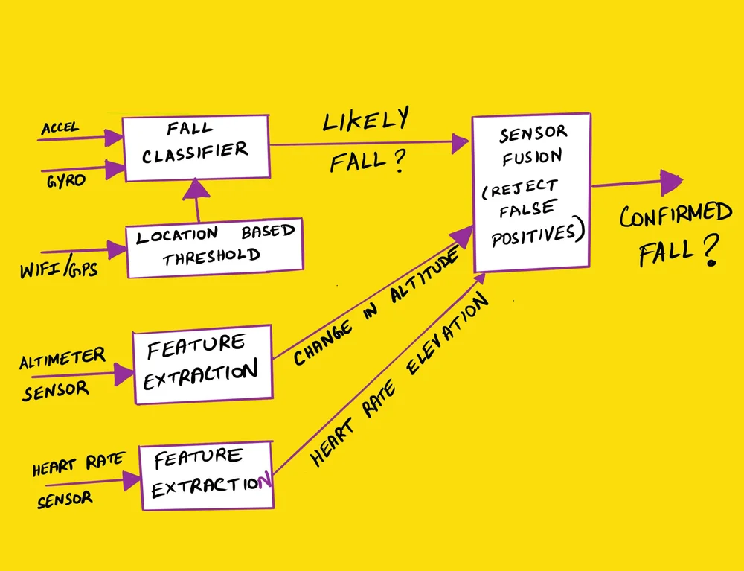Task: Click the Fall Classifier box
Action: pos(195,147)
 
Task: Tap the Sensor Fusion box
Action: pos(531,194)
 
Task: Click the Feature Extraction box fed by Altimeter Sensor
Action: pos(202,363)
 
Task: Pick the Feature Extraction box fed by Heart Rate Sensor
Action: pos(206,475)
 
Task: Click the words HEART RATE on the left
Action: pos(77,464)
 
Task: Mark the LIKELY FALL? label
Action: pos(365,141)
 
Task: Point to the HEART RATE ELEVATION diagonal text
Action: pos(402,380)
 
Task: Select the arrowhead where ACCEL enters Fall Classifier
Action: pos(114,138)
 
